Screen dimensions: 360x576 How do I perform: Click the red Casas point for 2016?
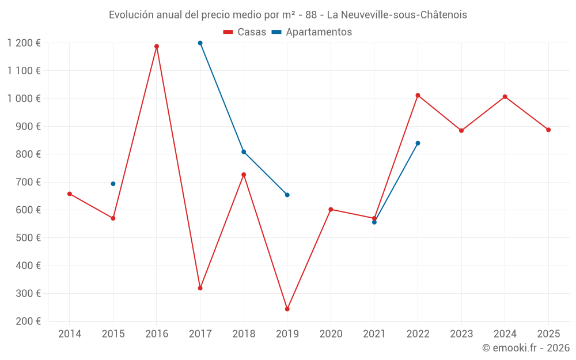click(157, 46)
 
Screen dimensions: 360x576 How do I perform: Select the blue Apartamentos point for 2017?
click(200, 43)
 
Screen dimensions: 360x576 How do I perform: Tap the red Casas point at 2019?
click(287, 309)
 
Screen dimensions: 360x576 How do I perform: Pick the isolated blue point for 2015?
click(113, 184)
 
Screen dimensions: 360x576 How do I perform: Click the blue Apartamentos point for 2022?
click(418, 143)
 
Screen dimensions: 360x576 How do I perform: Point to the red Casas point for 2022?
click(418, 95)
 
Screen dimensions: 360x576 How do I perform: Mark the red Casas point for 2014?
click(70, 194)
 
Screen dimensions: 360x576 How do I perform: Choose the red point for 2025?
click(548, 130)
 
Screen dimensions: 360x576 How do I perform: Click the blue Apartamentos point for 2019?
click(287, 195)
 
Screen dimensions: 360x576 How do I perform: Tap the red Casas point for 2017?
click(200, 288)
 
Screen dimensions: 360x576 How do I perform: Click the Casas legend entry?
click(245, 32)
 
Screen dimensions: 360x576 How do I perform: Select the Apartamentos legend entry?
click(311, 32)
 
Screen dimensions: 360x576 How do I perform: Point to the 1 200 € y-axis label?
click(24, 43)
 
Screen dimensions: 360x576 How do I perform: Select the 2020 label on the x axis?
click(331, 334)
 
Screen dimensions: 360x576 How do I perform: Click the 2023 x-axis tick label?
click(461, 334)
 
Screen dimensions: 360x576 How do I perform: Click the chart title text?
click(288, 14)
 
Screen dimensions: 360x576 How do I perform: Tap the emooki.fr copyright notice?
click(525, 348)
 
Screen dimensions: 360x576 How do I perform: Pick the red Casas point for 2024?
click(505, 97)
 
